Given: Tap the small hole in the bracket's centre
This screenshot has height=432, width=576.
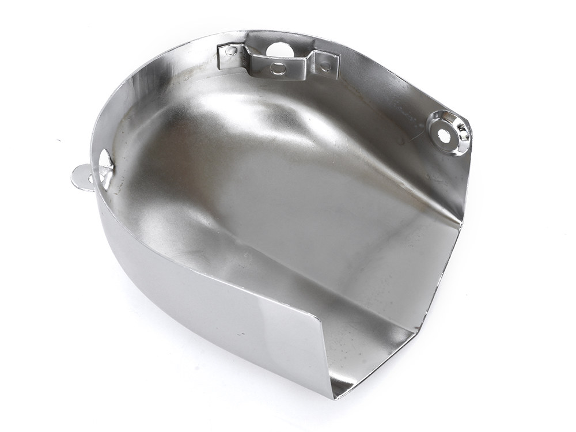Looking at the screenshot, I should tap(278, 69).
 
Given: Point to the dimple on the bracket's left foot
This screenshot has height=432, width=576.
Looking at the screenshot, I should tap(231, 51).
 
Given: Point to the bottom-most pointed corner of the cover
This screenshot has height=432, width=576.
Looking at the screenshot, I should tap(333, 397).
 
